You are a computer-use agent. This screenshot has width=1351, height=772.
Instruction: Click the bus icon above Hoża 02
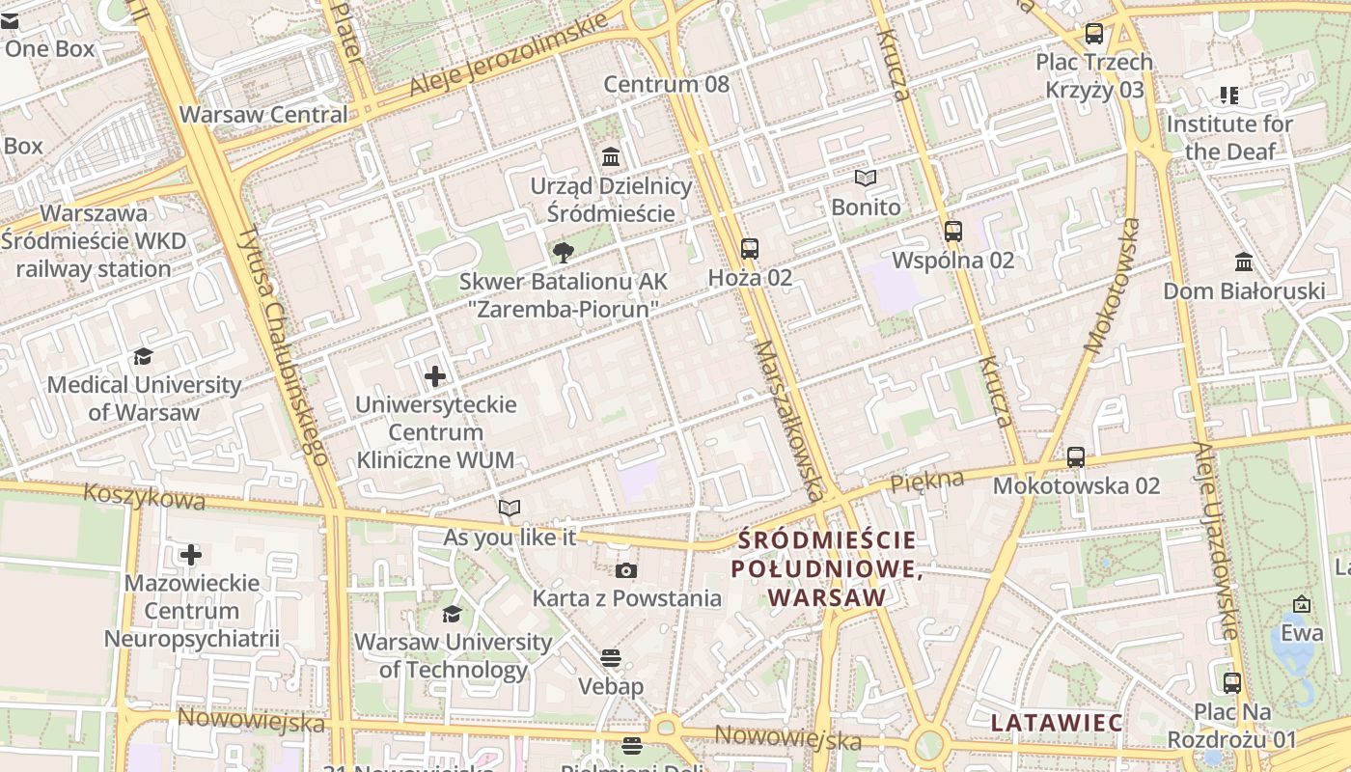(750, 249)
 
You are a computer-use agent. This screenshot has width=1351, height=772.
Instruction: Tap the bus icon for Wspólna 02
(953, 232)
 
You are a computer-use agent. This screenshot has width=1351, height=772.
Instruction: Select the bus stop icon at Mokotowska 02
(1076, 457)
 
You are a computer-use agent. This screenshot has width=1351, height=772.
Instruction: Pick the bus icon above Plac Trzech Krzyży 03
(1094, 34)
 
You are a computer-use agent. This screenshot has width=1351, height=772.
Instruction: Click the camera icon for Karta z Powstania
(626, 570)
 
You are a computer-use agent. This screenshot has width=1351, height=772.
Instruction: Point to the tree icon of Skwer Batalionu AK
(563, 253)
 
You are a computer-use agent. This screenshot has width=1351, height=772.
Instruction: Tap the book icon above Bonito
(866, 179)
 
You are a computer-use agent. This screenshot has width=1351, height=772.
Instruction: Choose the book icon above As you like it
(510, 508)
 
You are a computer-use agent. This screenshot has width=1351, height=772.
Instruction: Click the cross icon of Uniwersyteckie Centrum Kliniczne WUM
(435, 375)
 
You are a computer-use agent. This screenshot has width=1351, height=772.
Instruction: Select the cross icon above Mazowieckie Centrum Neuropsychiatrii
(191, 555)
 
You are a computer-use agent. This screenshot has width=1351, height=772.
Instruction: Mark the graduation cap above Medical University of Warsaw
(144, 356)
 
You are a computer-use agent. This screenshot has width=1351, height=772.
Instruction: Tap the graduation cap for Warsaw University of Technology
(452, 614)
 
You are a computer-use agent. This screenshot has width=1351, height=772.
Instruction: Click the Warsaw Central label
(263, 114)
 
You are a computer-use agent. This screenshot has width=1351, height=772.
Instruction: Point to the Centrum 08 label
(666, 84)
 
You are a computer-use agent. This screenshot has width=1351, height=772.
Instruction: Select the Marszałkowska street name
(788, 419)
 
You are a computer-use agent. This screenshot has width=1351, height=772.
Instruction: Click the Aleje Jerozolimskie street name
(508, 54)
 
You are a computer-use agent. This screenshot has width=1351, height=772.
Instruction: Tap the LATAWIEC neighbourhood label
(1057, 723)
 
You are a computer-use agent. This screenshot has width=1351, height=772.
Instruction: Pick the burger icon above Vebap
(610, 658)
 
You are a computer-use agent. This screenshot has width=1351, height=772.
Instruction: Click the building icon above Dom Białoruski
(1244, 262)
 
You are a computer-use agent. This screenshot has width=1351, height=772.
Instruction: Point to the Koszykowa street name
(144, 496)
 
